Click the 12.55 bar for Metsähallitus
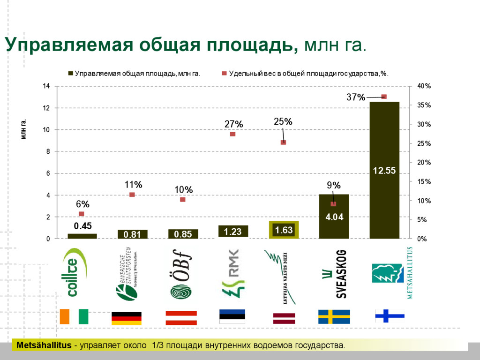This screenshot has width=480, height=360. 384,170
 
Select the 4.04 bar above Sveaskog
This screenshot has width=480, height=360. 334,217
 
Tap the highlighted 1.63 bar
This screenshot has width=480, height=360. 284,230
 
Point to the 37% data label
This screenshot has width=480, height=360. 355,97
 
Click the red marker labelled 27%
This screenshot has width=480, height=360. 232,134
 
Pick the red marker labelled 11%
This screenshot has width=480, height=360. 132,195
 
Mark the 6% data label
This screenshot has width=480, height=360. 82,204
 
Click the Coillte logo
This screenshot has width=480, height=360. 74,277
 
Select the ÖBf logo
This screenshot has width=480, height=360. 182,277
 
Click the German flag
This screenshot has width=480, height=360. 126,318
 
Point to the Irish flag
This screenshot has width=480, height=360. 74,316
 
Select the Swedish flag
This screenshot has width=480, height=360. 334,317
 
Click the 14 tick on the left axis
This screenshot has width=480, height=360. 46,86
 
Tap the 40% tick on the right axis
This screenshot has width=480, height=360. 424,86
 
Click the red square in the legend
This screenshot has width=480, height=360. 224,73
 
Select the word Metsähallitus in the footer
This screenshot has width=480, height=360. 44,346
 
